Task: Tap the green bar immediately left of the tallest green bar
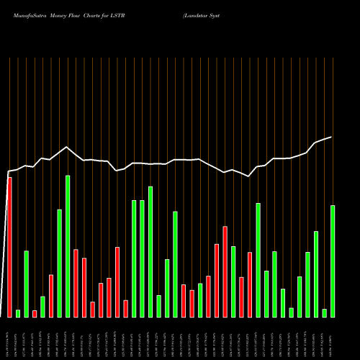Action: pos(59,263)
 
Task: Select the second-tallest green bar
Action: pos(150,251)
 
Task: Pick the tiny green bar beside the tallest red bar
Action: pos(18,313)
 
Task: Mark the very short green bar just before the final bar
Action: pos(324,312)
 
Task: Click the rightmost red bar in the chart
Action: pos(250,284)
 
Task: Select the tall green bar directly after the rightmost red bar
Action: pos(258,260)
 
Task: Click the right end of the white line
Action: pos(331,137)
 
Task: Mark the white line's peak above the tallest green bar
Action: pos(67,147)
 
